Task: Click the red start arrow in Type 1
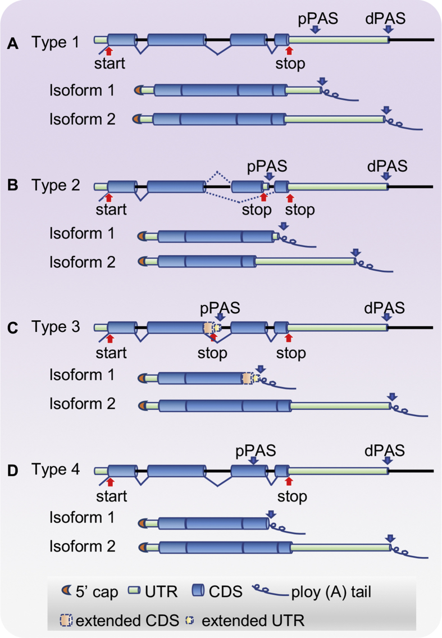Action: (x=110, y=52)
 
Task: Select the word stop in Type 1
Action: (x=290, y=63)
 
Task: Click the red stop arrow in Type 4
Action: (x=290, y=481)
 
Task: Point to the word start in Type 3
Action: (x=110, y=353)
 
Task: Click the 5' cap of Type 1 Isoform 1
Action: (x=138, y=90)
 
